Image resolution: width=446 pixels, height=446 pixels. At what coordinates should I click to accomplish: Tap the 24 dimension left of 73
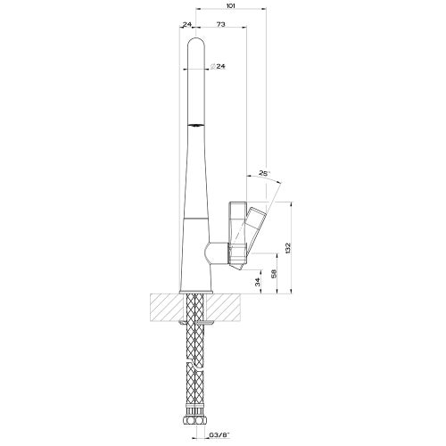tap(187, 25)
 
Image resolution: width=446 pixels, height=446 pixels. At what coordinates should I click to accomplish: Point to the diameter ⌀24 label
tap(215, 67)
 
